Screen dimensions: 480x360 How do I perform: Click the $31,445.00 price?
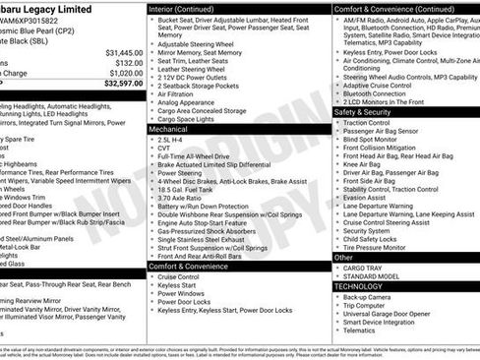click(123, 52)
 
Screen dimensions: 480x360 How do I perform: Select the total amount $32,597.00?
click(123, 84)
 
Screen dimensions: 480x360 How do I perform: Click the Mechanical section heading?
click(168, 129)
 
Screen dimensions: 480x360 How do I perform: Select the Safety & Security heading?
click(370, 112)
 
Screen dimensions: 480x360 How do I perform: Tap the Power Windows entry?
click(181, 294)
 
